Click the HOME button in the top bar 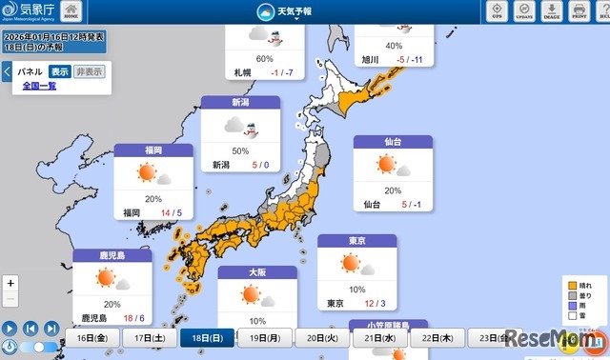[x=71, y=11]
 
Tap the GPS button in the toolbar [x=496, y=11]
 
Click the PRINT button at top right [x=579, y=11]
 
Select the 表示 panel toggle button [x=60, y=71]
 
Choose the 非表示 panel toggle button [x=89, y=71]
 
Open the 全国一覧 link [x=40, y=86]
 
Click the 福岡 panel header [x=153, y=150]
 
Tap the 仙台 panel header [x=393, y=141]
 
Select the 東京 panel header [x=356, y=241]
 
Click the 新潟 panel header [x=241, y=102]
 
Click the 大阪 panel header [x=257, y=271]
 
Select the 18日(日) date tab [x=207, y=338]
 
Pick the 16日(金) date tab [x=93, y=338]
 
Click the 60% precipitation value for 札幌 [x=252, y=58]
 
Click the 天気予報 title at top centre [x=293, y=11]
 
